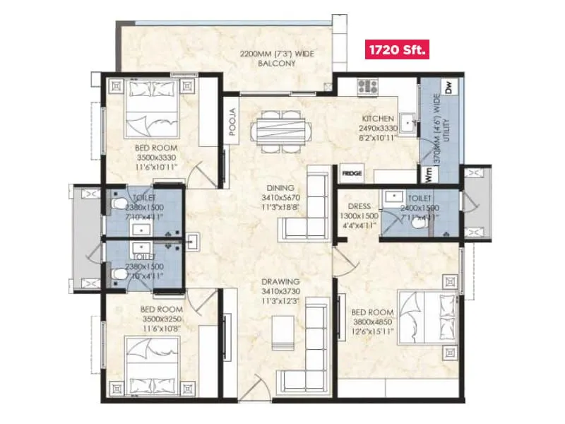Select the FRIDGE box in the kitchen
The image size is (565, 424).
click(351, 172)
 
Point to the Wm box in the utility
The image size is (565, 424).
click(427, 172)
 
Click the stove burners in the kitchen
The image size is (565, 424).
click(367, 87)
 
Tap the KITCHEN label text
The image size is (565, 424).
click(377, 119)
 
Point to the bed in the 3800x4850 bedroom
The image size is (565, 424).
click(424, 318)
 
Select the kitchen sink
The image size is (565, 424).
click(409, 122)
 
